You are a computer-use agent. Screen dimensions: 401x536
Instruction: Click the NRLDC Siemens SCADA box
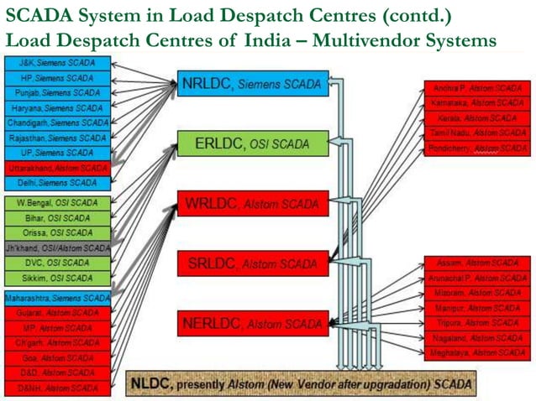[253, 84]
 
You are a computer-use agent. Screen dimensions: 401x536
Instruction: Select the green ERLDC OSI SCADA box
[253, 144]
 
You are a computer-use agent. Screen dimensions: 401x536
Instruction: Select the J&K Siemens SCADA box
[57, 63]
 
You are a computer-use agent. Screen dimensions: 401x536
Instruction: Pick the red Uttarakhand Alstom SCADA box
[57, 168]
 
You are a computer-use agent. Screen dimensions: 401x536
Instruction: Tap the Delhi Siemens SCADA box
[57, 183]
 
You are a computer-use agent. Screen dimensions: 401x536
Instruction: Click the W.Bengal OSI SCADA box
[57, 203]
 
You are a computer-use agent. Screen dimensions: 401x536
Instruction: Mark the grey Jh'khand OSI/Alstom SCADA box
[57, 248]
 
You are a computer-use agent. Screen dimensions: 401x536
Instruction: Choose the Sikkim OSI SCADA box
[57, 278]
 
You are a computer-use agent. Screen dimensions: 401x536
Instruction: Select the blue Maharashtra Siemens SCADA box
[57, 298]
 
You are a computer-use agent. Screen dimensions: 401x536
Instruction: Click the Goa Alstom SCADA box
[57, 357]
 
